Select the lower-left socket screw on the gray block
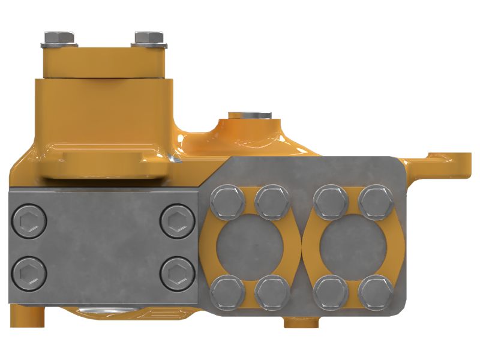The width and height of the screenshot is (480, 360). coord(29,274)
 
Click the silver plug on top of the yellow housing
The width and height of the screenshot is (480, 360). coord(250,115)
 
